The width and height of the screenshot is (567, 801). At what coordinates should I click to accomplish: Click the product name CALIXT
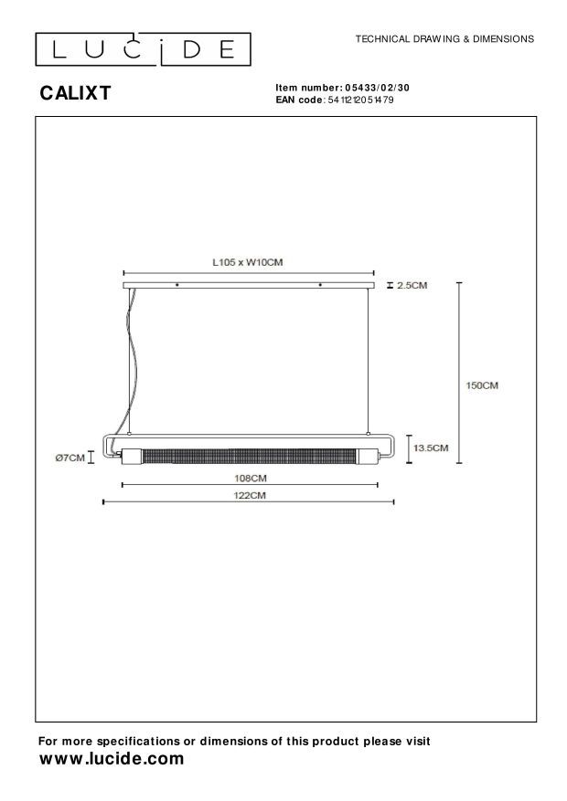(74, 92)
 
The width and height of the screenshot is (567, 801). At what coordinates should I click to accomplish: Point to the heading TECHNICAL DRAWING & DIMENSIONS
(444, 39)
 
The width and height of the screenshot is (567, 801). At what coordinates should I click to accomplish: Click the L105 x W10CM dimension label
(247, 261)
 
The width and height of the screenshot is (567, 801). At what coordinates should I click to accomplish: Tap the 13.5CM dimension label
(430, 448)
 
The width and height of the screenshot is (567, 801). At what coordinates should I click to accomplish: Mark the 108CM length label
(250, 478)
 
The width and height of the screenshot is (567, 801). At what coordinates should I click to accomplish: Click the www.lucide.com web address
(111, 759)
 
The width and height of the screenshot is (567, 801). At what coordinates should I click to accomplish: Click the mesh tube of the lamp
(248, 455)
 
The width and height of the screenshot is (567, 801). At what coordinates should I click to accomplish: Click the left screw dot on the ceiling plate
(177, 286)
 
